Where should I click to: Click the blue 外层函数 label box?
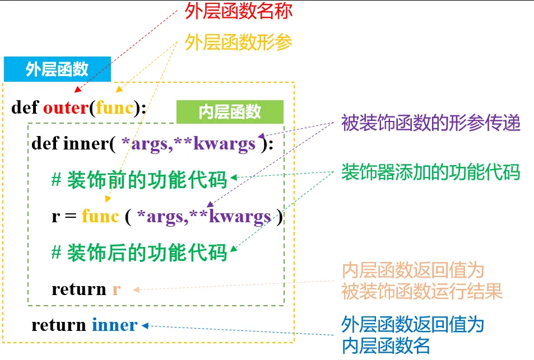coord(57,69)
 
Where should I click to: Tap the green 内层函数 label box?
coord(230,111)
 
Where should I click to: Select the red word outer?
coord(66,107)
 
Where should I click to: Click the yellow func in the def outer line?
coord(114,107)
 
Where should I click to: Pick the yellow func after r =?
coord(100,216)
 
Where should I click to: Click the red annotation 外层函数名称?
coord(239,12)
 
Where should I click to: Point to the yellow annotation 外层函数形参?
coord(239,43)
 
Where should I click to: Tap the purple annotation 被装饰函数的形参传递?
coord(431,123)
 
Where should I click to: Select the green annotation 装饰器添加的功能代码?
coord(431,172)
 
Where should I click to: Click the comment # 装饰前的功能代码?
coord(140,180)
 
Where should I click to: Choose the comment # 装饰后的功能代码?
coord(140,252)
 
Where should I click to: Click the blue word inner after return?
coord(114,325)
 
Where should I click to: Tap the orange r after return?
coord(116,289)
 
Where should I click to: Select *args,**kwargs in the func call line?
coord(204,216)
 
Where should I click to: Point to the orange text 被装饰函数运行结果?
coord(422,291)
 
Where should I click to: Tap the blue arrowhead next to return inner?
coord(145,325)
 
